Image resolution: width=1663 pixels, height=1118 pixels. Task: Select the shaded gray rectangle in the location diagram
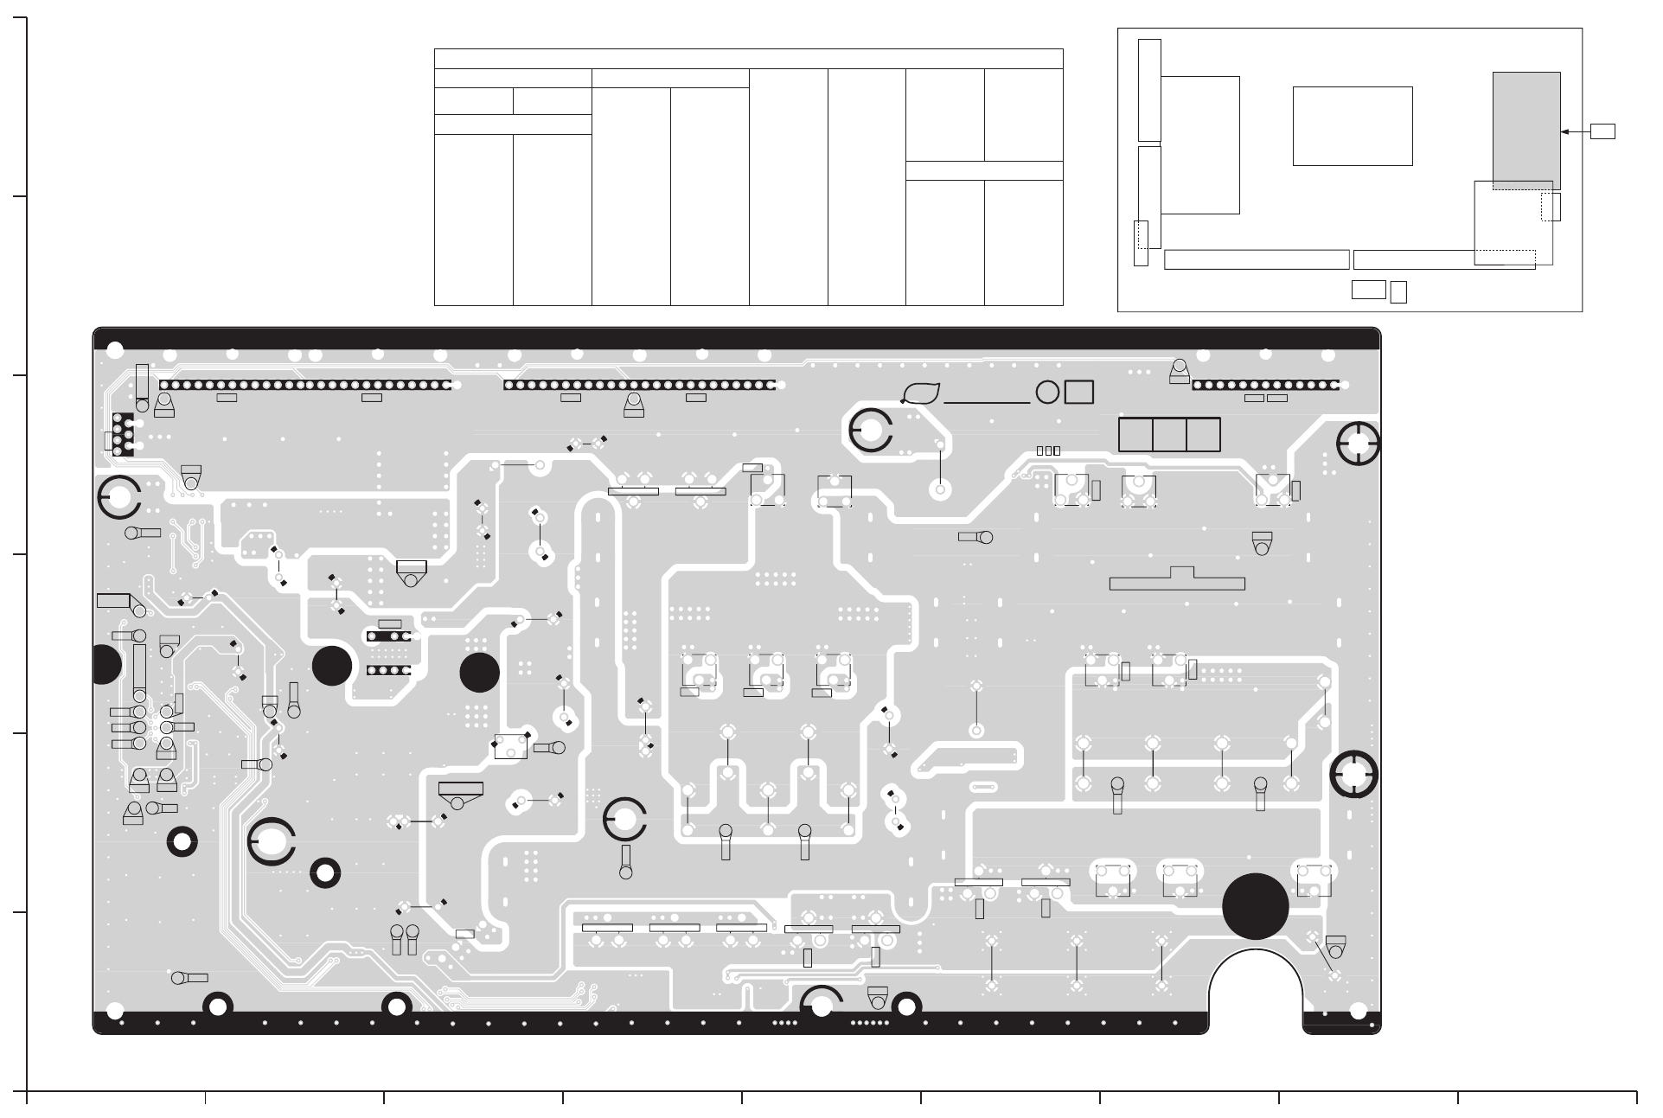(x=1526, y=130)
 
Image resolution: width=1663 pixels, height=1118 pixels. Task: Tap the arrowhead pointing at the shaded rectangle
(x=1565, y=131)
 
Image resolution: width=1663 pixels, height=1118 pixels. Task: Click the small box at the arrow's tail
(x=1602, y=131)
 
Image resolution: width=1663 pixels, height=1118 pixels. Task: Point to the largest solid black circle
(x=1256, y=906)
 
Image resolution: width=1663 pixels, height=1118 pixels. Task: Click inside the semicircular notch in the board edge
(x=1256, y=994)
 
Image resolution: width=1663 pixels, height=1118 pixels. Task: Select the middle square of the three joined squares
(x=1169, y=435)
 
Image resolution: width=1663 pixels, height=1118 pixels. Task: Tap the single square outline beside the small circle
(x=1079, y=393)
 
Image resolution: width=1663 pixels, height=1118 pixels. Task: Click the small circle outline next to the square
(x=1047, y=393)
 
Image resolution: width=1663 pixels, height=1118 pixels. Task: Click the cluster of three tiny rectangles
(x=1048, y=450)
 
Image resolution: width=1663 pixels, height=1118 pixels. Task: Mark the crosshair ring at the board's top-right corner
(x=1358, y=444)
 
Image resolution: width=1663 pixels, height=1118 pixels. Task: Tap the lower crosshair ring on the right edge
(x=1353, y=772)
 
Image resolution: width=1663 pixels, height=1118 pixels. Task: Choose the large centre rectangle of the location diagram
(x=1353, y=125)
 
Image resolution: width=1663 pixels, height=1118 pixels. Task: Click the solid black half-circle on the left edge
(x=105, y=664)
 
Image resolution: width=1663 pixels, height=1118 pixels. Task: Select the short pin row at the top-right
(x=1265, y=385)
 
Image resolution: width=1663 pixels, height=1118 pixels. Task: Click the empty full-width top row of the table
(x=748, y=59)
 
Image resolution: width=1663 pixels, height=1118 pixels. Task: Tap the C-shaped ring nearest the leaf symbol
(x=871, y=431)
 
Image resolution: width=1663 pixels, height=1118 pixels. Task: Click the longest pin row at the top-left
(x=305, y=385)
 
